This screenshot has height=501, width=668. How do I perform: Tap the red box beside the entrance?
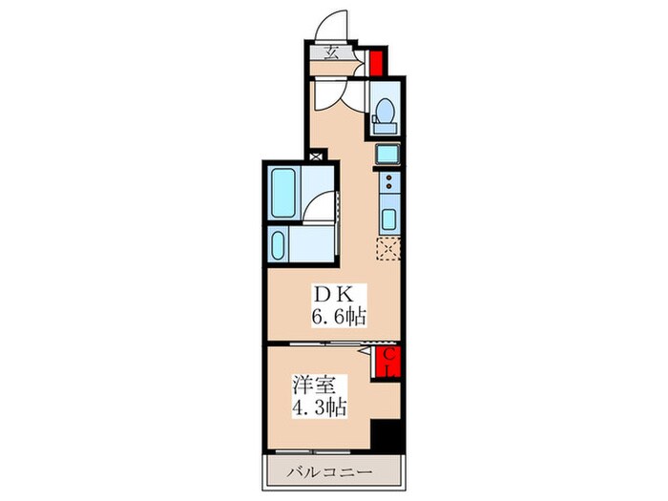376,62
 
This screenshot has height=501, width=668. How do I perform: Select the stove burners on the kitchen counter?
389,186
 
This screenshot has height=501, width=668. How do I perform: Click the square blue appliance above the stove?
388,155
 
